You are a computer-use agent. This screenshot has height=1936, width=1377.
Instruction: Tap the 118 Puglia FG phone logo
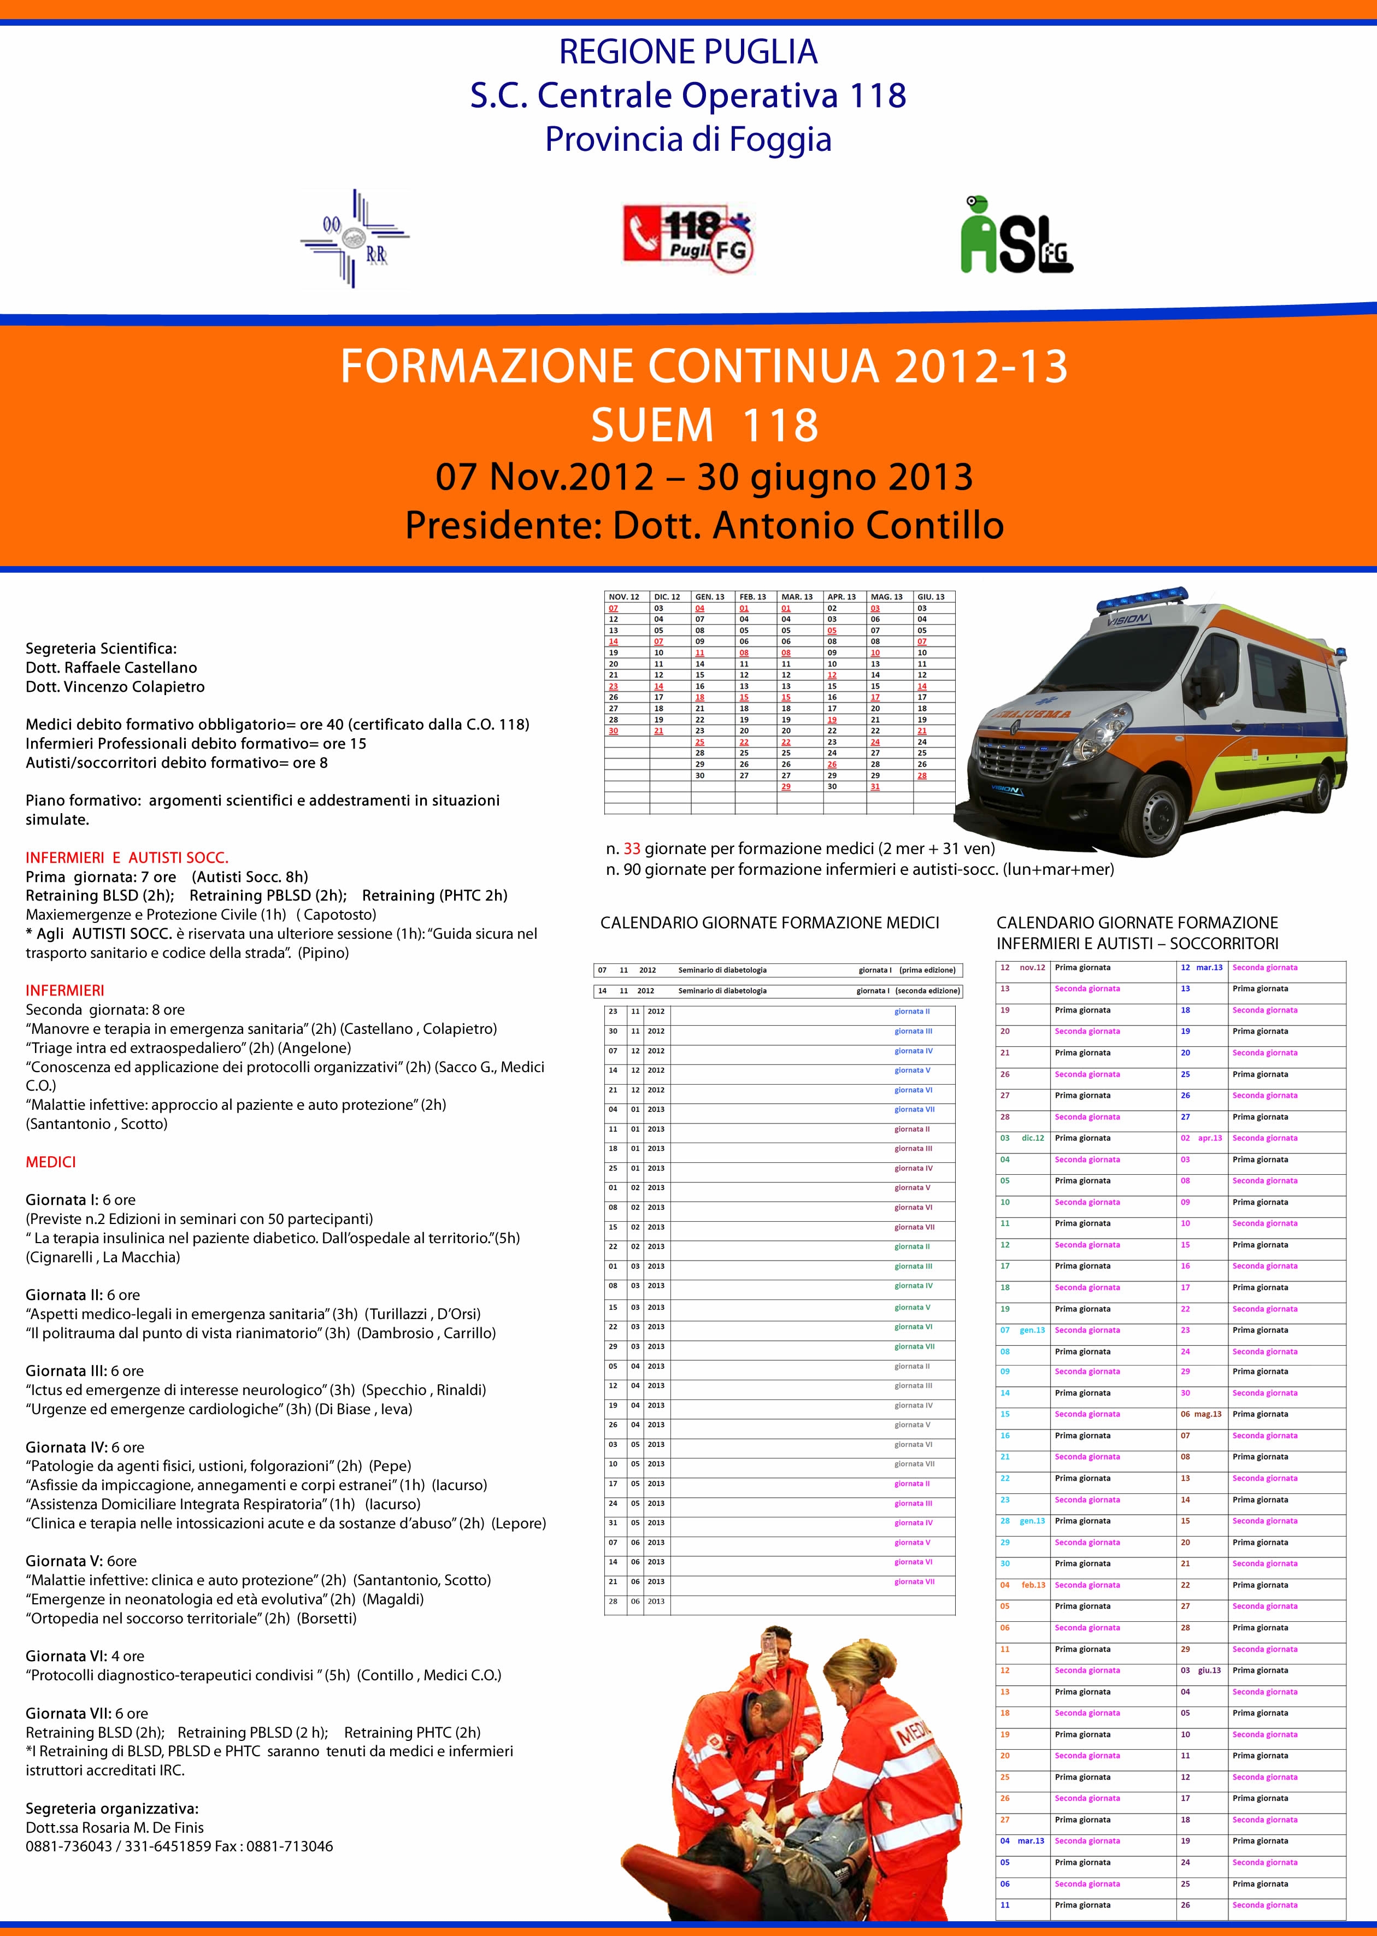688,238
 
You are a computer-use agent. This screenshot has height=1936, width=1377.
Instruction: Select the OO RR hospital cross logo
355,238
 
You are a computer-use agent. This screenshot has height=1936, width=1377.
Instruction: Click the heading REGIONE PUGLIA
687,52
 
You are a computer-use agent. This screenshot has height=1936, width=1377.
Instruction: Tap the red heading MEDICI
51,1162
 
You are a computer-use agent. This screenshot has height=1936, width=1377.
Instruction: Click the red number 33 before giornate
632,848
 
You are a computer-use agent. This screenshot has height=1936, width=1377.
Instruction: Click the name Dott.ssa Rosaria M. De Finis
114,1827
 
